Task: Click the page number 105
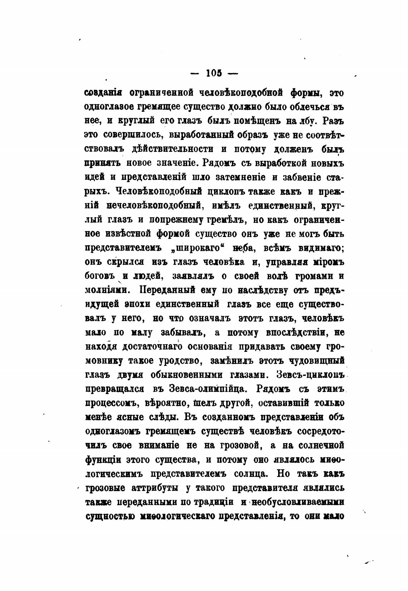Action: pyautogui.click(x=214, y=73)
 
